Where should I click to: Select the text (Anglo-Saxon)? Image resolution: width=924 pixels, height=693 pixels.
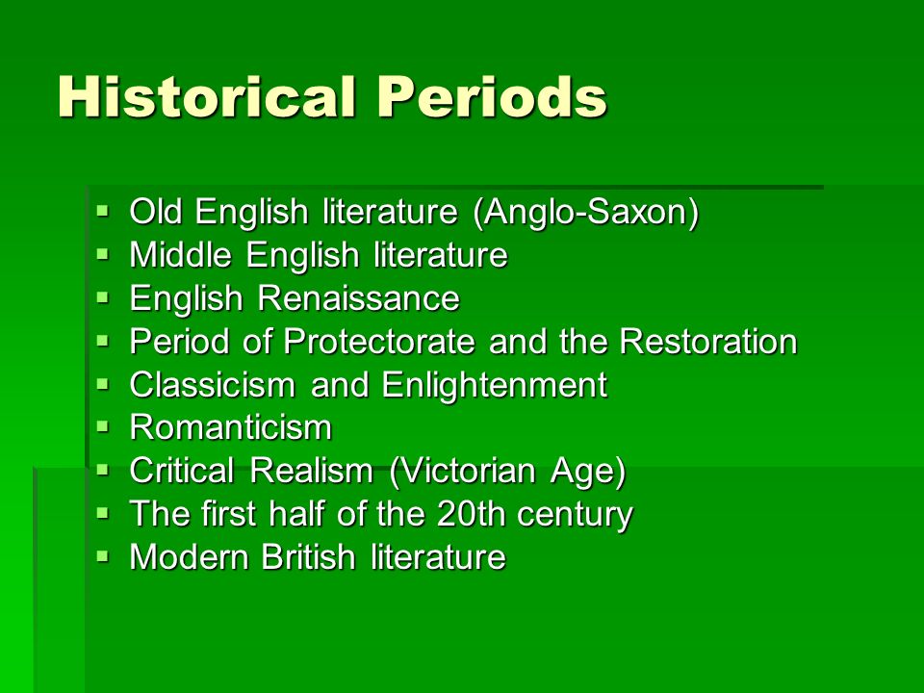pos(586,212)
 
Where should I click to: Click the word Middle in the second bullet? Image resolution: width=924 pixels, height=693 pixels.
pos(180,254)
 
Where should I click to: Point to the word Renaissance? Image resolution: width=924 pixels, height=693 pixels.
pos(359,297)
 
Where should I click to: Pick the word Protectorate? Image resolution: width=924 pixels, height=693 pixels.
pos(379,341)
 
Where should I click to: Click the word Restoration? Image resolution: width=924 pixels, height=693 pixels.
pos(708,341)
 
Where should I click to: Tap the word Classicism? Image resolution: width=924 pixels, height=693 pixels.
pos(212,384)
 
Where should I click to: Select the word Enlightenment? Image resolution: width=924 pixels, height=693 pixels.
pos(494,384)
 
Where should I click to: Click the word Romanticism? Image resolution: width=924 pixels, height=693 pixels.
pos(231,427)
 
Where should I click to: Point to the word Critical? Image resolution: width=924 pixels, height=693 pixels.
pos(182,471)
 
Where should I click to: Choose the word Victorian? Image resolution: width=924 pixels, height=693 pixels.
pos(462,471)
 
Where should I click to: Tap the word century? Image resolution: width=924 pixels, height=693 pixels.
pos(576,515)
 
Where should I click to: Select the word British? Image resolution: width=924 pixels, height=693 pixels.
pos(308,556)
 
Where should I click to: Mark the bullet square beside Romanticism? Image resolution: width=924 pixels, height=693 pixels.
pos(103,426)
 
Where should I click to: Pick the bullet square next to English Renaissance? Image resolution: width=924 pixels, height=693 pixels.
pos(103,297)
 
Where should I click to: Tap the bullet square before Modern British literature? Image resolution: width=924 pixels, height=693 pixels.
pos(103,555)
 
